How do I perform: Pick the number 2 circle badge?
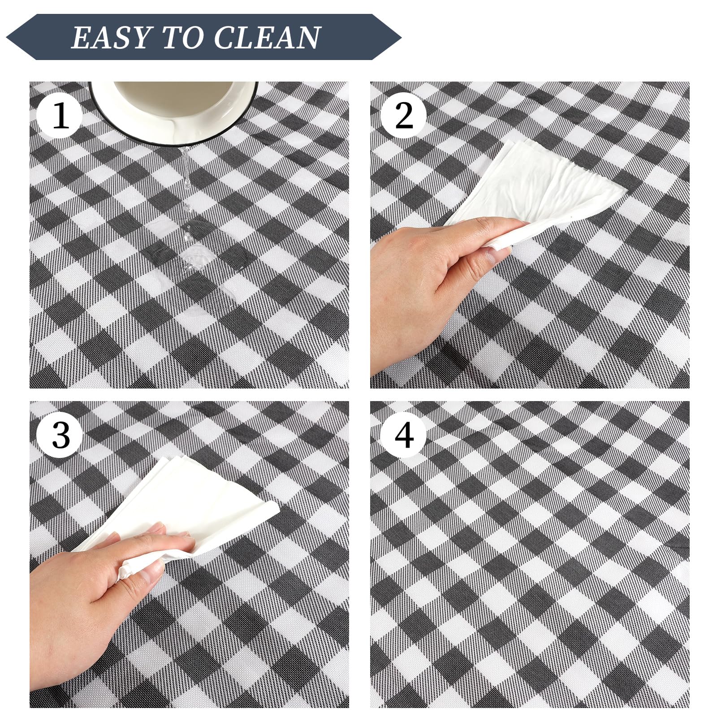point(404,115)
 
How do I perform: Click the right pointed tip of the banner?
point(400,37)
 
